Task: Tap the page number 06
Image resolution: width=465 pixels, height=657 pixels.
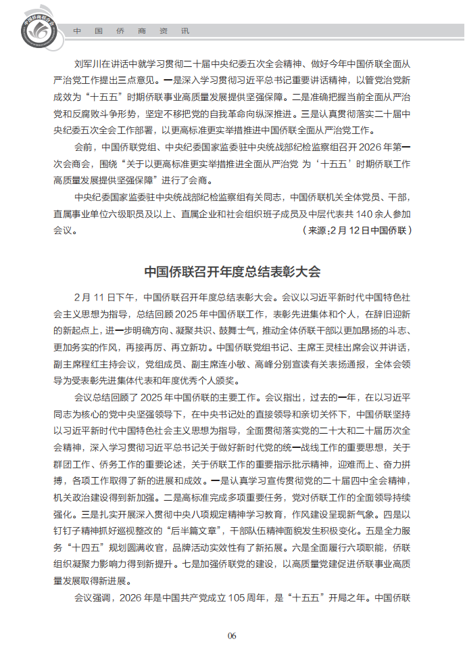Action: click(x=232, y=635)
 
